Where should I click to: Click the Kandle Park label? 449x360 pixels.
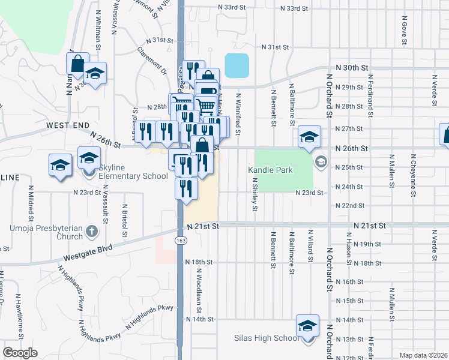coord(271,170)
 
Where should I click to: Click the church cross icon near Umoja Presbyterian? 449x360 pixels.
coord(91,231)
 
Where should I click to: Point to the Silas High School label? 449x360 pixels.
coord(266,338)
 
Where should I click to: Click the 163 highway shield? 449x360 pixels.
coord(179,240)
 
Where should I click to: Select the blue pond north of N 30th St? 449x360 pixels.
coord(237,65)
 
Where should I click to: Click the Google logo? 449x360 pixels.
coord(20,353)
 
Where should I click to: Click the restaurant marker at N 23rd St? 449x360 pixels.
coord(187,188)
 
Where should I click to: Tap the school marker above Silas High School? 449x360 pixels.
coord(307,326)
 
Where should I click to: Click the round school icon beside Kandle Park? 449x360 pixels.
coord(321,161)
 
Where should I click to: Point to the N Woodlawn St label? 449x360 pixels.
coord(197,290)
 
